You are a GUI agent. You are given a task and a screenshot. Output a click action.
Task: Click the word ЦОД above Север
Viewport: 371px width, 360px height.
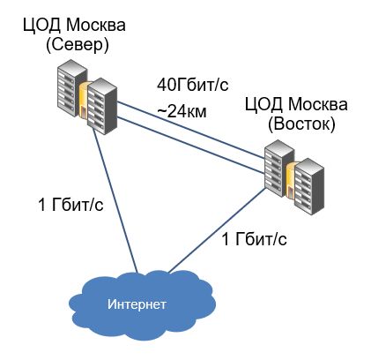click(42, 26)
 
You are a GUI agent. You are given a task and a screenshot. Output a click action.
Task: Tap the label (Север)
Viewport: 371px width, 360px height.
click(78, 45)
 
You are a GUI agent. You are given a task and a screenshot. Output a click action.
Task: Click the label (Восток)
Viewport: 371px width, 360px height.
click(301, 124)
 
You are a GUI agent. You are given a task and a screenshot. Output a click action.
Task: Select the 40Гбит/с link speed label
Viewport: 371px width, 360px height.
click(193, 85)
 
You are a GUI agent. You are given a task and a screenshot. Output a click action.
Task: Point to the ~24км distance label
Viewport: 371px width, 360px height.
click(182, 111)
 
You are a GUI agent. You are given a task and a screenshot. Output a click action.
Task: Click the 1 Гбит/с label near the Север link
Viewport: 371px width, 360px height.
click(70, 204)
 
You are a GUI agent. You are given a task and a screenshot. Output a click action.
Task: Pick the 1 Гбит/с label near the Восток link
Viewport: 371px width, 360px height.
click(254, 239)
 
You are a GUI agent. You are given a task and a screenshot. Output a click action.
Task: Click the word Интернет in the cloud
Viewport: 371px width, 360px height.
click(137, 304)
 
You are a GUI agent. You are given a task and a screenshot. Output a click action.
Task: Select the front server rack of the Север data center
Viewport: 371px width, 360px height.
click(102, 106)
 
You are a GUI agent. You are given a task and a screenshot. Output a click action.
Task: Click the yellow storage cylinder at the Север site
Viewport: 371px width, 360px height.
click(84, 100)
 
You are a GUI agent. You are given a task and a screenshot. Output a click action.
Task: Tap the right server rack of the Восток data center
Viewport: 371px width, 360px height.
click(309, 187)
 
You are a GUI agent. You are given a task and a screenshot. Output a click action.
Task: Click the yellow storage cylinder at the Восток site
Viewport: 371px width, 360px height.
click(291, 180)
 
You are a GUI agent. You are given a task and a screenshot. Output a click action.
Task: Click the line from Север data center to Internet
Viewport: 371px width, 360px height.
click(115, 201)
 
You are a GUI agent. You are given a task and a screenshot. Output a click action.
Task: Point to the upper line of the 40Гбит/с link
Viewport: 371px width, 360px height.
click(191, 128)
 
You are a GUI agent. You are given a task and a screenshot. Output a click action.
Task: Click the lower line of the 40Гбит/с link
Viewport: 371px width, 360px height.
click(191, 145)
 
